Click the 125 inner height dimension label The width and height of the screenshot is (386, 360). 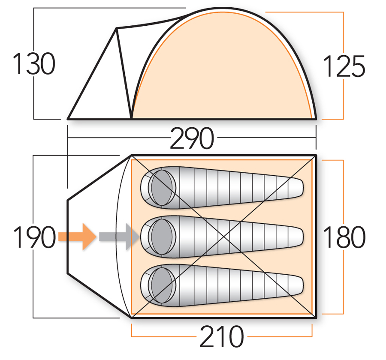click(x=344, y=66)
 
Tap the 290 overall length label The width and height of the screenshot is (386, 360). click(x=192, y=138)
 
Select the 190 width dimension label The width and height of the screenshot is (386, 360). click(x=34, y=237)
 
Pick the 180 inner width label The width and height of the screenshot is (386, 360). click(x=344, y=237)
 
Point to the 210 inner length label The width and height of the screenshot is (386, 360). click(x=221, y=338)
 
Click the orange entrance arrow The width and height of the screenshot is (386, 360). click(x=77, y=236)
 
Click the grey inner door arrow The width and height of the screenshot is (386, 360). click(x=119, y=236)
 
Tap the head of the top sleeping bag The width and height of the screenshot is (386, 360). click(x=162, y=187)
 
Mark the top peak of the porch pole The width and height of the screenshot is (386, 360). click(x=117, y=29)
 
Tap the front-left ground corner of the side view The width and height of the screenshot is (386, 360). click(x=69, y=118)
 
